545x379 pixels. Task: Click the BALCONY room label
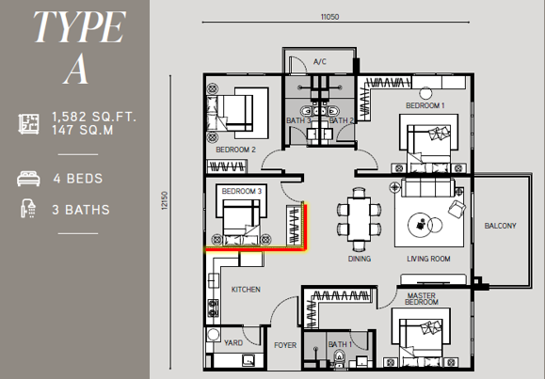500,226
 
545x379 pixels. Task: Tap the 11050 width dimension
329,17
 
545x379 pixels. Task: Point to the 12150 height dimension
165,200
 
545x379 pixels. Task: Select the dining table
359,219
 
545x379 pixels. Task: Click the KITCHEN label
246,290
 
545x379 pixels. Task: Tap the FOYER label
285,345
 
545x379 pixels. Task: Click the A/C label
320,62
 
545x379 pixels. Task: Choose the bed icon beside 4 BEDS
28,179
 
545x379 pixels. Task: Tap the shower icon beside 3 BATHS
28,209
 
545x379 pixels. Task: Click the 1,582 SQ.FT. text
94,117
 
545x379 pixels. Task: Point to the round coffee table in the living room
420,225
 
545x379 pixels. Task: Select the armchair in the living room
457,209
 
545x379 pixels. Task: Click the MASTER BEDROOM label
422,299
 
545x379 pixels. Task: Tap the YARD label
233,343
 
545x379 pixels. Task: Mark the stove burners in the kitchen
213,308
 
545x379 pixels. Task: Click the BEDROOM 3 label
242,192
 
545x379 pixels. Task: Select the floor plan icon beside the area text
28,124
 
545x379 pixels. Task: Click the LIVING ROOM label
428,259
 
